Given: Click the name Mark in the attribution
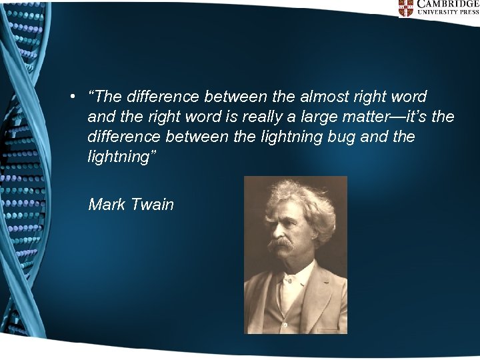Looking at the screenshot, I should coord(107,204).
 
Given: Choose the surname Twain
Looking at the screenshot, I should coord(153,204).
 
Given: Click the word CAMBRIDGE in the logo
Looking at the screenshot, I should coord(447,4).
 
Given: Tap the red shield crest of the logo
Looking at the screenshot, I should coord(406,7).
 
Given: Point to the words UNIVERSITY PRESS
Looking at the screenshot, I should coord(447,13).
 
